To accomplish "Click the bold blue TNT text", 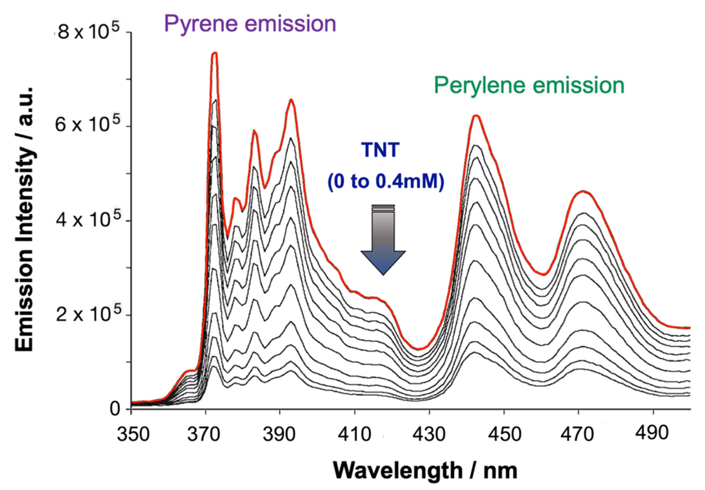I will [380, 150].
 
